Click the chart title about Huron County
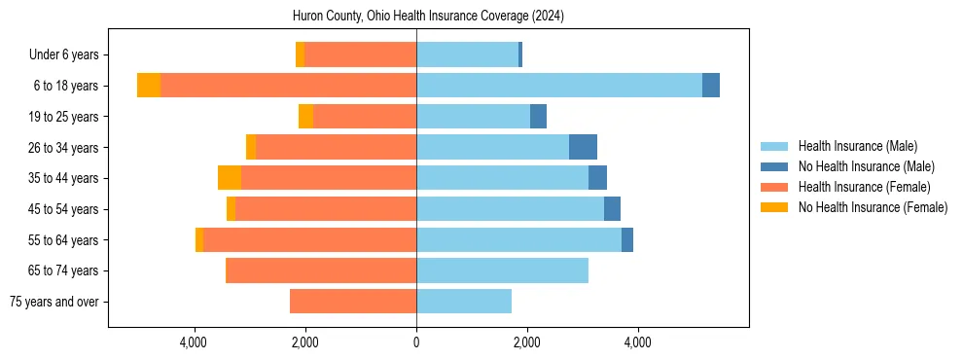(428, 17)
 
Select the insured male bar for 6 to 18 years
(559, 86)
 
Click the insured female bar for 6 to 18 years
(288, 86)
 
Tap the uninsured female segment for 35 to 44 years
(230, 178)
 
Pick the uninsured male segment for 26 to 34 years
(583, 147)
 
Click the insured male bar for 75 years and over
(464, 302)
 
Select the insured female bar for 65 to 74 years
(321, 270)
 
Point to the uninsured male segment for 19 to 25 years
(538, 117)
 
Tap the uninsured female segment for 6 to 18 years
(149, 86)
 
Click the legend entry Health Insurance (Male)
(857, 146)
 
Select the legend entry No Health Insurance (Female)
(873, 207)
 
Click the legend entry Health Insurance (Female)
(864, 187)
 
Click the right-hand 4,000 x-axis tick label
(638, 342)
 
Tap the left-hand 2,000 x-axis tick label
(305, 342)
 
